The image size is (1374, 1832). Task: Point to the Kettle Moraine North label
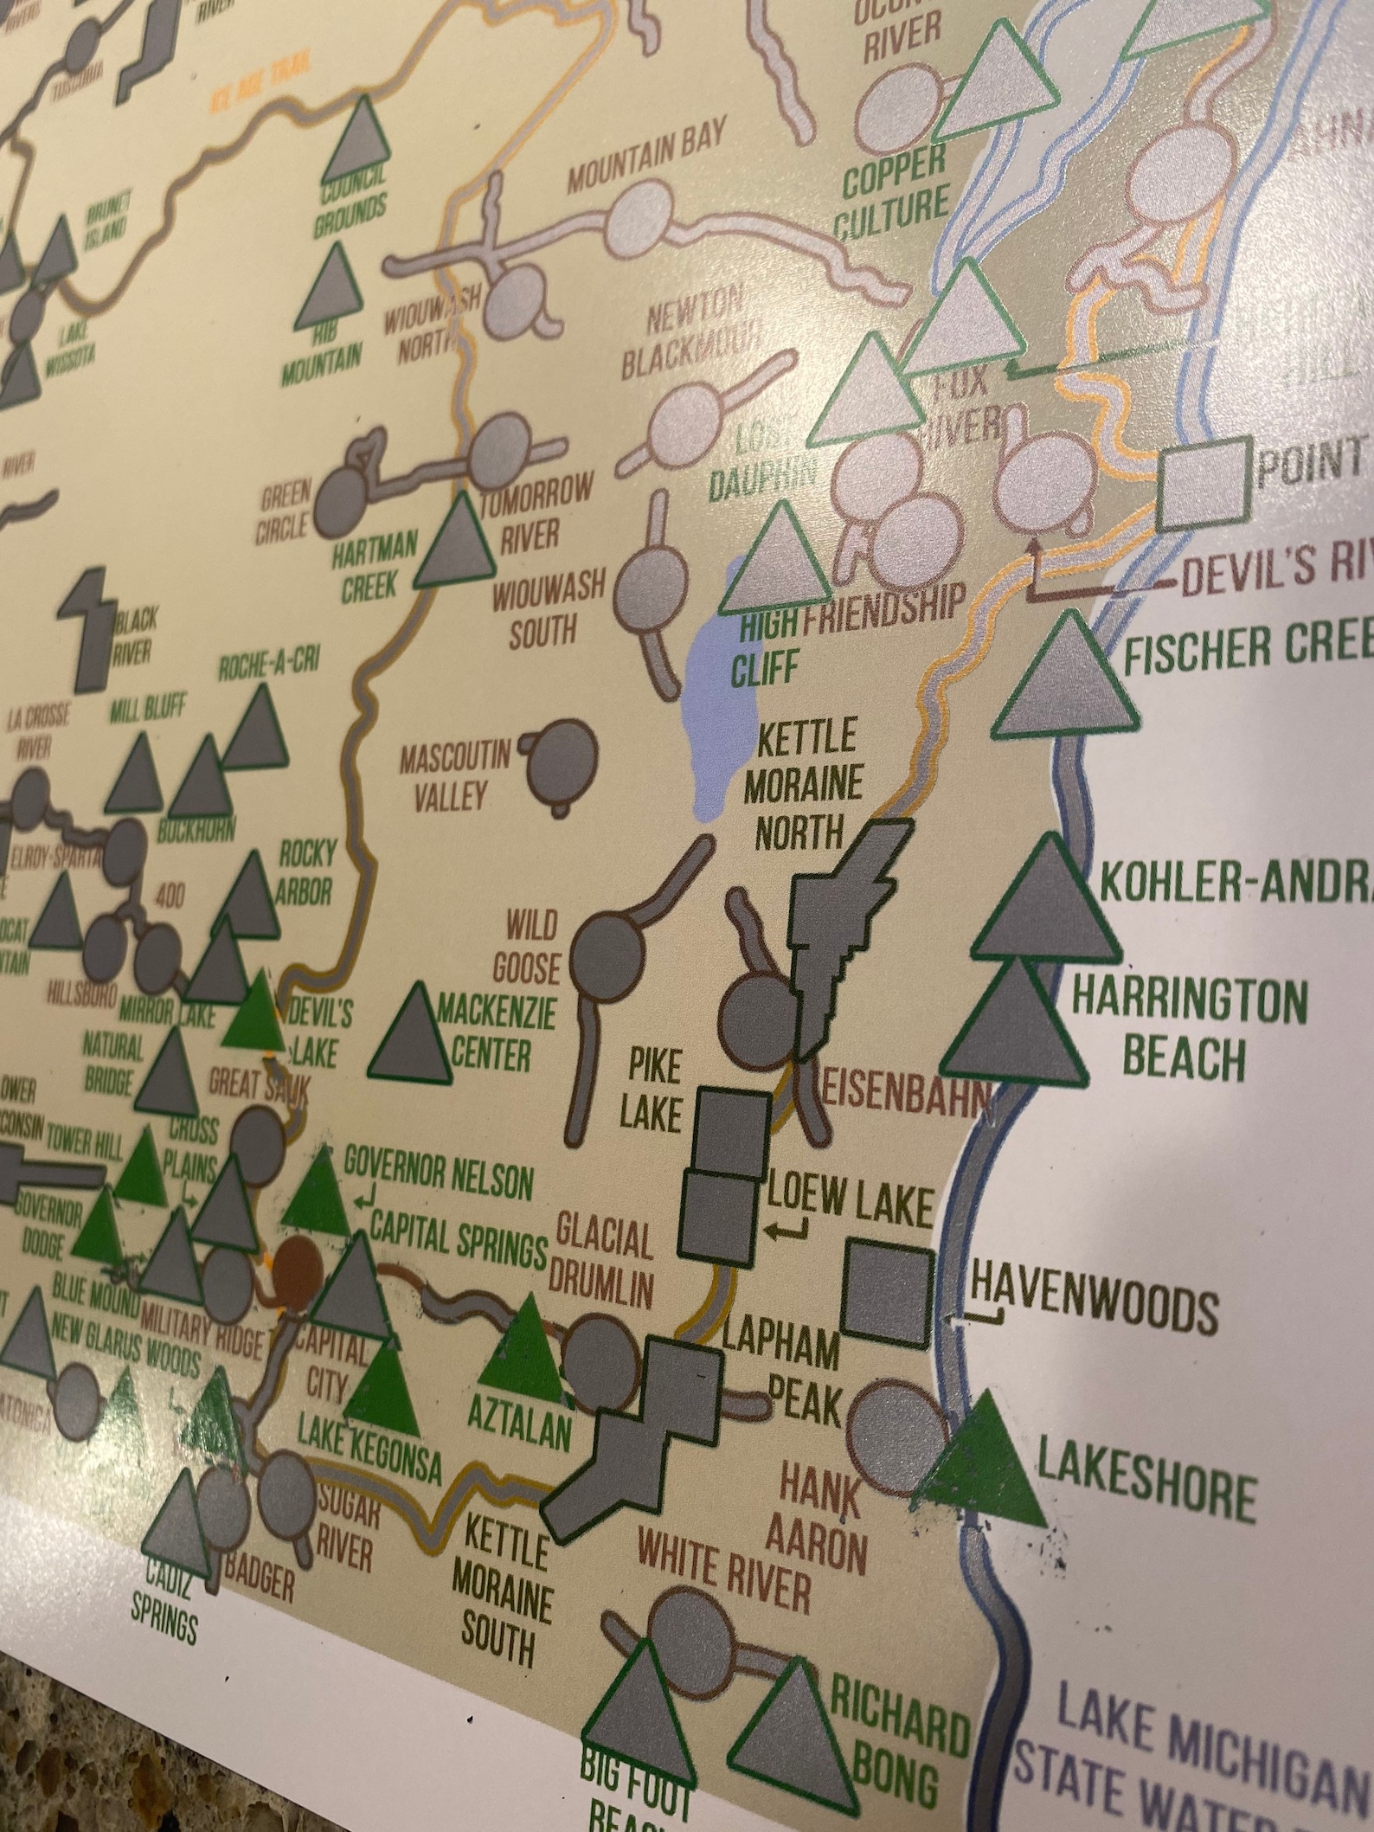click(x=807, y=786)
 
